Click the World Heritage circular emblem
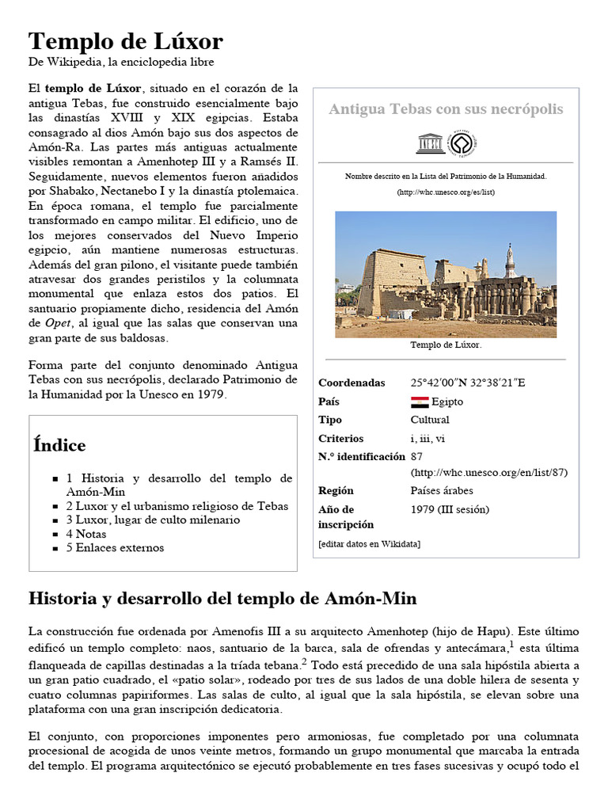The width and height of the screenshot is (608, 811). pyautogui.click(x=462, y=143)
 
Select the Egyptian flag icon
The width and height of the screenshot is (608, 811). pyautogui.click(x=420, y=402)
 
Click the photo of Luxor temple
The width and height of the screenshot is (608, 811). pyautogui.click(x=446, y=274)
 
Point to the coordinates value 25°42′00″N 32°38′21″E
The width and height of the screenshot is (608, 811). pyautogui.click(x=467, y=383)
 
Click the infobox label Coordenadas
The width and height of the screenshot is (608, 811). pyautogui.click(x=351, y=383)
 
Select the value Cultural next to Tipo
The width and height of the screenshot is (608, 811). pyautogui.click(x=430, y=420)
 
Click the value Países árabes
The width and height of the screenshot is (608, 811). pyautogui.click(x=442, y=490)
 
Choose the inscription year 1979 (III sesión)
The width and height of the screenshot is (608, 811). pyautogui.click(x=450, y=509)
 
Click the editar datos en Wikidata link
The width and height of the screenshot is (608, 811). pyautogui.click(x=369, y=544)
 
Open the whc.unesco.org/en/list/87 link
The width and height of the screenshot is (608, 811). pyautogui.click(x=488, y=472)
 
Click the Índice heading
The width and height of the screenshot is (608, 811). pyautogui.click(x=59, y=445)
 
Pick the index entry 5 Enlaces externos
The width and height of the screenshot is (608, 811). pyautogui.click(x=115, y=547)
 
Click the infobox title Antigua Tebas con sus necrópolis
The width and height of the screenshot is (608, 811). pyautogui.click(x=446, y=109)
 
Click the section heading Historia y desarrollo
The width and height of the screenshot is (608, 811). pyautogui.click(x=222, y=599)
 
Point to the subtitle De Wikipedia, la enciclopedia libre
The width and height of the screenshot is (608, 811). pyautogui.click(x=121, y=62)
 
